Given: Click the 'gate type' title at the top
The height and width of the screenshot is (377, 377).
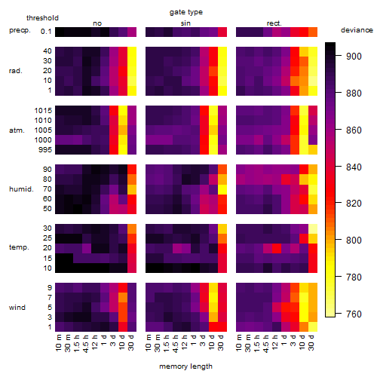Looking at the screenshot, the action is coord(186,12).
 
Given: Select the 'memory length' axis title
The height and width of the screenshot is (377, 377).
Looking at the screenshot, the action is coord(185,366).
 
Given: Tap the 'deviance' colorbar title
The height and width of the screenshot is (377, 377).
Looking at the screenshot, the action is coord(357,30).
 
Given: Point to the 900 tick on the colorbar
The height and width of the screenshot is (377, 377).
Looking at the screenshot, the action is coord(339,56).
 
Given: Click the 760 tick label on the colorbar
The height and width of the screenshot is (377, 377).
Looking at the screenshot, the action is coord(354,314).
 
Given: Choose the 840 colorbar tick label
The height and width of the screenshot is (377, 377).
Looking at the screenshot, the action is coord(354,167).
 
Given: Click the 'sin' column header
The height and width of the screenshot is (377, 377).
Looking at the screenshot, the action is coord(185,23).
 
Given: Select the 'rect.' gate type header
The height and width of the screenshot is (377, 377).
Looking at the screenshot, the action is coord(274,23).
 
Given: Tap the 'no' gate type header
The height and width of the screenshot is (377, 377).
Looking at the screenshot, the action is coord(97,23).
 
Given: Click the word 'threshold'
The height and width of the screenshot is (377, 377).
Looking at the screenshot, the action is coord(42,18).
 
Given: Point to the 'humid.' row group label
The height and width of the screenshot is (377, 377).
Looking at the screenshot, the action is coord(21,189).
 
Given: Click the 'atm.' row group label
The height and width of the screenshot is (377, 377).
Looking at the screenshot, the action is coord(17,130).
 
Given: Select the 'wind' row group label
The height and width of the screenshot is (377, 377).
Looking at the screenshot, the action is coord(17,308).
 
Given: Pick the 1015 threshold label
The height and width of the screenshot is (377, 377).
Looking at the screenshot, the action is coord(43,111).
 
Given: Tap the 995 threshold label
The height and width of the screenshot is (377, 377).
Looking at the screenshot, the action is coord(45,150).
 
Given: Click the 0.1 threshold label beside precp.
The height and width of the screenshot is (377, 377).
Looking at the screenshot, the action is coord(46,32).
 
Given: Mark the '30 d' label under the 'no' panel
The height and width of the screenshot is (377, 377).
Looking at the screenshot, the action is coord(131,342).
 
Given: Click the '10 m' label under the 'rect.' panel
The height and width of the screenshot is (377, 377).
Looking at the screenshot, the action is coord(240,342).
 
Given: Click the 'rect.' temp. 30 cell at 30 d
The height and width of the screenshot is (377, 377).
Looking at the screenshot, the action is coord(313,228).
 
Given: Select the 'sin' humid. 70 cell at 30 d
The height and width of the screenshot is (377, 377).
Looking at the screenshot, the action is coord(222,189).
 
